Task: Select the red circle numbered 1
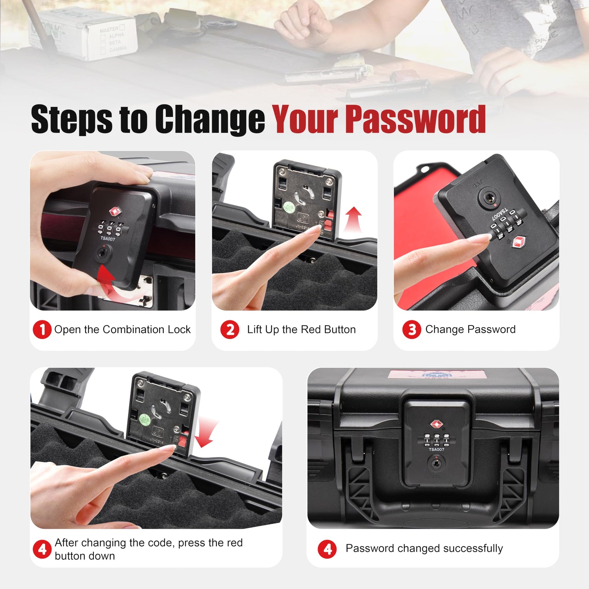click(x=42, y=329)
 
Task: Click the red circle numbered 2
click(x=230, y=329)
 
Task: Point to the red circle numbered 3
click(x=412, y=329)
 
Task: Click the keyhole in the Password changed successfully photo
click(x=435, y=464)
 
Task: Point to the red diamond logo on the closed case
click(x=436, y=424)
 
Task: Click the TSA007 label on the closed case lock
click(x=436, y=449)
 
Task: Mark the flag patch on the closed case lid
click(x=438, y=374)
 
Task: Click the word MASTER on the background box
click(x=109, y=29)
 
